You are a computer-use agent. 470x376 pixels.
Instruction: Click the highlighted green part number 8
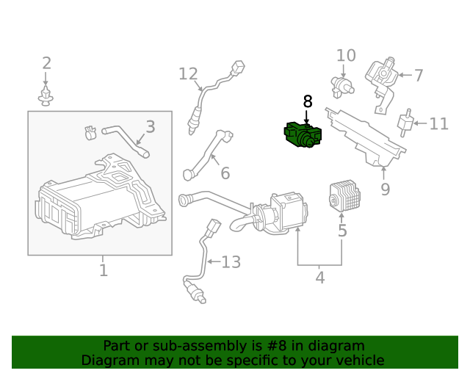(303, 136)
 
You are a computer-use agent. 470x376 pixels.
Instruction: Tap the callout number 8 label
(308, 102)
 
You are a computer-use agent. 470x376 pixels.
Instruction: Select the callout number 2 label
(46, 63)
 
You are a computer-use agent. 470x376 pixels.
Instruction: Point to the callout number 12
(188, 73)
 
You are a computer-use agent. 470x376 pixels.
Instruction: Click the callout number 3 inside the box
(150, 127)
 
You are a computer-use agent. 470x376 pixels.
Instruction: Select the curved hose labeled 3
(125, 140)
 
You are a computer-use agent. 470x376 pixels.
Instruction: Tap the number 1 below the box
(103, 270)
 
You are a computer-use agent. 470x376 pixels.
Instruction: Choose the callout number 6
(225, 173)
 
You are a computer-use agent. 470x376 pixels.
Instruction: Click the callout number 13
(231, 262)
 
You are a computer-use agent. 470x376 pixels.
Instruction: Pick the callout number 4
(319, 278)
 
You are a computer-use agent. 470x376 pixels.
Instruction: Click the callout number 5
(342, 231)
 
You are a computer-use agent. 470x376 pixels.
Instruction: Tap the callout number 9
(385, 189)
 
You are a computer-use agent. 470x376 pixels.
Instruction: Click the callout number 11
(438, 124)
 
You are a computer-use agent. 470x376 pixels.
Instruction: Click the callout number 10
(346, 56)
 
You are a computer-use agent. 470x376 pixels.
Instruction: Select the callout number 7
(418, 75)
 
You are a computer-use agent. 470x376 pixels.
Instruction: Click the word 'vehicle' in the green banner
(357, 360)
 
